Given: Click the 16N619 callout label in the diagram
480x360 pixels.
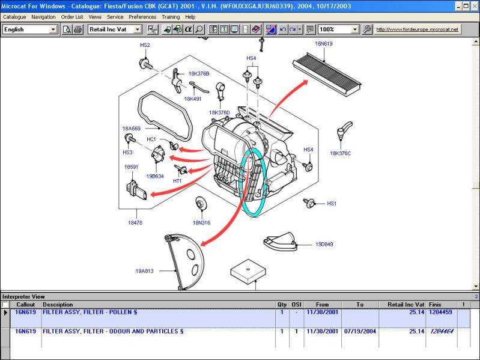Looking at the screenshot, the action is (324, 44).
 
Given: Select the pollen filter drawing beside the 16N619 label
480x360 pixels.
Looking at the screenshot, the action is (327, 75).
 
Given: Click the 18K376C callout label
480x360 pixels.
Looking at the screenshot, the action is (341, 153).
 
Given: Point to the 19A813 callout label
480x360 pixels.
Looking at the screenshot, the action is (145, 271).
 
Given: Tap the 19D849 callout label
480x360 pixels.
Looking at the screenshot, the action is (324, 244).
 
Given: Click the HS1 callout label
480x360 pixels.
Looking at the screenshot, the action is (332, 204).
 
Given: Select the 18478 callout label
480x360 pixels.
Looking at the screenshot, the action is (135, 223).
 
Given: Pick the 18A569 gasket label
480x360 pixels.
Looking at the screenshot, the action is (132, 129).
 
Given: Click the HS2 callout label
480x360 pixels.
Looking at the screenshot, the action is (145, 45).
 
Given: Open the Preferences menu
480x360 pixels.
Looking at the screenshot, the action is (142, 17).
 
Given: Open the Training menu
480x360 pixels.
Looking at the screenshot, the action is (171, 17).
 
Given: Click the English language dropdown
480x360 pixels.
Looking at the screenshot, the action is (30, 29).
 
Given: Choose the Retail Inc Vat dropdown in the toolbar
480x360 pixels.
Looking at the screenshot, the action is (115, 29).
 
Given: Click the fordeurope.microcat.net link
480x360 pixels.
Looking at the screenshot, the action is (418, 29).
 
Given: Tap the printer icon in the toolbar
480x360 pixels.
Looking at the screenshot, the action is (78, 29).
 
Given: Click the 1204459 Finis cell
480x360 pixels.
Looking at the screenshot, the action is (440, 313).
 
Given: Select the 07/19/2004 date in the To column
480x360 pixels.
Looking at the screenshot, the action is (360, 332).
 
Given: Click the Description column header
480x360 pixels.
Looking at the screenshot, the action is (58, 305).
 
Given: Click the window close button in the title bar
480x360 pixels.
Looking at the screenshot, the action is (474, 6).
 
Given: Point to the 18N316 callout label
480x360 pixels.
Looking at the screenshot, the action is (201, 223).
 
